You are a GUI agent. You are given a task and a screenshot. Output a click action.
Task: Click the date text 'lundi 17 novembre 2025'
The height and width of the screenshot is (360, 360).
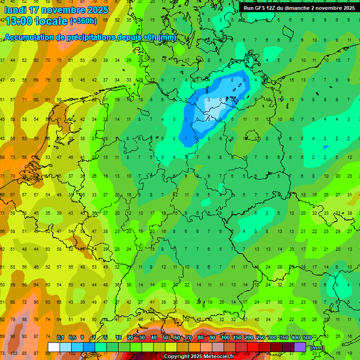(56, 10)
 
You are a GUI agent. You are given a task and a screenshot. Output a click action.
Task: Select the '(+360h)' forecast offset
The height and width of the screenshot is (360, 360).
(83, 21)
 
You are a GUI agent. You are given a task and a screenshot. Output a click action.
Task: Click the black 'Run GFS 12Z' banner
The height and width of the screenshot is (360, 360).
(299, 8)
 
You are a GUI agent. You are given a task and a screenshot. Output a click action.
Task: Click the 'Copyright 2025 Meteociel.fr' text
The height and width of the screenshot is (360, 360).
(199, 356)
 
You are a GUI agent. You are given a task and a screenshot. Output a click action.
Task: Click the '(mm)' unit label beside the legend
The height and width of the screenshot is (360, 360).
(317, 348)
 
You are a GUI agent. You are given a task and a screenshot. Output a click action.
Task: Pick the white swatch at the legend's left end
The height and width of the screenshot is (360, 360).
(54, 347)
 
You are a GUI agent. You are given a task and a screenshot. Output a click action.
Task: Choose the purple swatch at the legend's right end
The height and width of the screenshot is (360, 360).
(300, 347)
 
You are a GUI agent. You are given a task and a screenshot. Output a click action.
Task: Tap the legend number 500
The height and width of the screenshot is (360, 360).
(307, 338)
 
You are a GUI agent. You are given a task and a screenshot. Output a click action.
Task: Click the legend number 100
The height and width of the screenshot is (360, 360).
(225, 338)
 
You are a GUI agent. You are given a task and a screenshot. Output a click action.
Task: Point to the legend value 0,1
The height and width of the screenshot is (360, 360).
(60, 338)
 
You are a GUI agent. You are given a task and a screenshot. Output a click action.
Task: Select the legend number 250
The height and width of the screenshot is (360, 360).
(260, 338)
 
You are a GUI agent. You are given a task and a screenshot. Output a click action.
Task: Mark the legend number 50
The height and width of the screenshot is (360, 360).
(165, 338)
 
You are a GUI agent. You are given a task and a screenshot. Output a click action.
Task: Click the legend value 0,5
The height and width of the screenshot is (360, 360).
(72, 338)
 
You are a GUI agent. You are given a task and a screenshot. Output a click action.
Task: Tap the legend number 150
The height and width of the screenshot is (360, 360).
(237, 338)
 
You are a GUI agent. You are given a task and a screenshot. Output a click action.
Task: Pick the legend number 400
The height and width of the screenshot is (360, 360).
(295, 338)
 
